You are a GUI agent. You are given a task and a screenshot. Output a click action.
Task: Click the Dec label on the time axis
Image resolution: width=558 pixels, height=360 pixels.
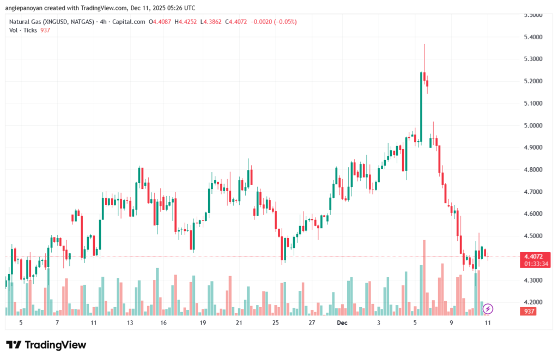(342, 323)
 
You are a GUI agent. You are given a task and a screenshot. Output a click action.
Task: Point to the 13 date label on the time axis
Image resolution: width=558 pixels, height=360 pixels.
(130, 323)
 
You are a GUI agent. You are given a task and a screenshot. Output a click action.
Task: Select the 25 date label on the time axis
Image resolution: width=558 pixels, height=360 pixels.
(275, 323)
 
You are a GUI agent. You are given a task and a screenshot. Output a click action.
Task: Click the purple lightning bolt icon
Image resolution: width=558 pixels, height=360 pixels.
(488, 309)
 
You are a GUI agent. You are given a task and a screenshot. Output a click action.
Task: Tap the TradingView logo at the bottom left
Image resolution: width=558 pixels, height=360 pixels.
(46, 345)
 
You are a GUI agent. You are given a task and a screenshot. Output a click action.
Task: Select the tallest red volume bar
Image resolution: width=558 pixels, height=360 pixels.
(424, 277)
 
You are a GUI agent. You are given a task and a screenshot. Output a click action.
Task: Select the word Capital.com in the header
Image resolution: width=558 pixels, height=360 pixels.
(129, 22)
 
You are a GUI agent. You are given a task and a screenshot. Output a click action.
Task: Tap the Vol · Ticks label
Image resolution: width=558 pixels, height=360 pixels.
(22, 30)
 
